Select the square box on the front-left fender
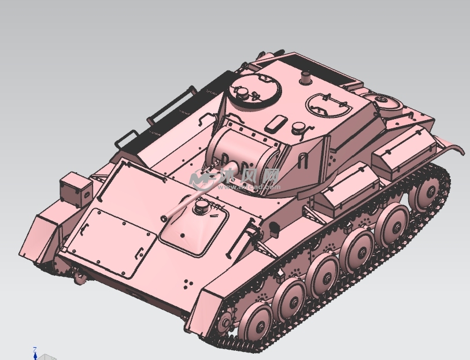click(x=75, y=189)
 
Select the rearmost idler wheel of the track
click(x=428, y=191)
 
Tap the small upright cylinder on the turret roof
click(x=306, y=77)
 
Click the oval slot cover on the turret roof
click(x=276, y=123)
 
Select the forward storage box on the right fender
click(x=347, y=185)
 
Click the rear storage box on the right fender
click(x=403, y=150)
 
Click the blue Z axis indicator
click(x=35, y=352)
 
